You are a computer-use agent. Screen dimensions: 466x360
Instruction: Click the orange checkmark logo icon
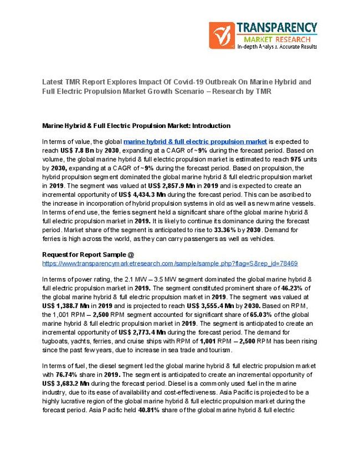point(221,35)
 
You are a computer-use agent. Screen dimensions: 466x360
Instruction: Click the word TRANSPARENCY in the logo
point(277,28)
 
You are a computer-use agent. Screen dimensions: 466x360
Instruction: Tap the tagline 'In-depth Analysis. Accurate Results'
point(277,47)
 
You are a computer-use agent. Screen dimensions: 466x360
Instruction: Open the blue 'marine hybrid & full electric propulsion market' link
point(195,142)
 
